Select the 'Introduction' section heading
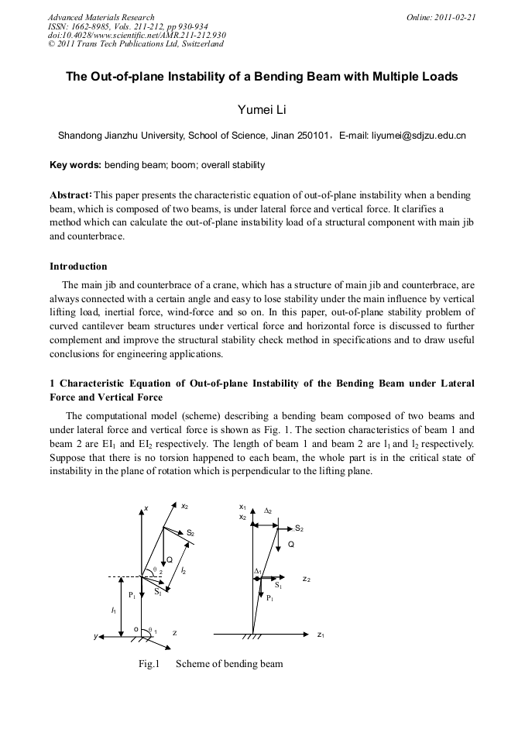(78, 267)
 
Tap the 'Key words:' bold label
(75, 165)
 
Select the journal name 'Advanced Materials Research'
(101, 17)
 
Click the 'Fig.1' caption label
(149, 663)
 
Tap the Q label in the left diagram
(170, 560)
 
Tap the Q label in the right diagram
(291, 545)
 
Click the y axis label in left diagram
(96, 636)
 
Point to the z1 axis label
(321, 635)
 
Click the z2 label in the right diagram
(306, 579)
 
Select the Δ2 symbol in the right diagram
(268, 511)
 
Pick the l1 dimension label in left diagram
(115, 611)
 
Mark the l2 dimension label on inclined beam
(183, 570)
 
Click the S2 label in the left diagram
(190, 533)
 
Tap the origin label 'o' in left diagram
(136, 629)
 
